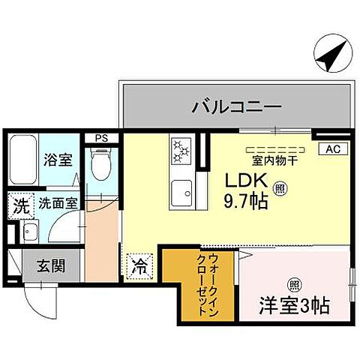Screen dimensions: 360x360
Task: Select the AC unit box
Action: point(332,148)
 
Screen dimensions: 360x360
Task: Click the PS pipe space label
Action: point(100,138)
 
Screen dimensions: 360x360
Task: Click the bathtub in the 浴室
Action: point(22,160)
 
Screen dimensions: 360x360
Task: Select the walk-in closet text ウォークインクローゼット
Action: point(202,284)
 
